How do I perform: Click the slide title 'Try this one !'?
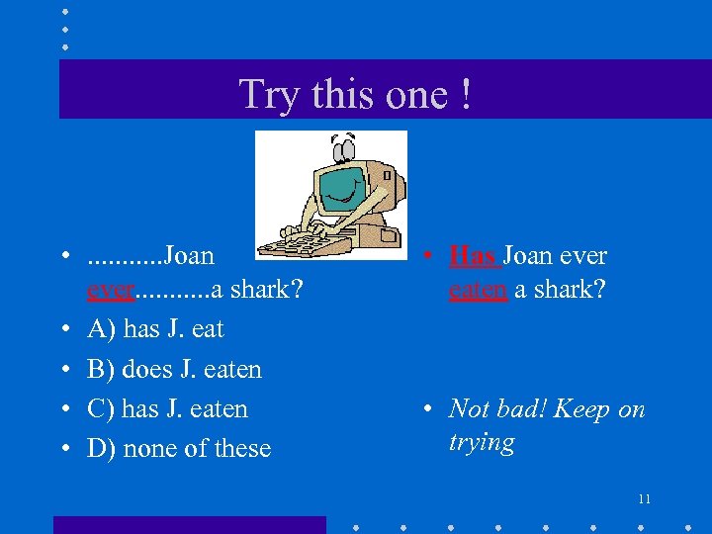coord(355,95)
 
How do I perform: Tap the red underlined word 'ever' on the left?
coord(110,291)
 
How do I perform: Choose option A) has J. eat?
coord(155,329)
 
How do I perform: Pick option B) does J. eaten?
coord(174,370)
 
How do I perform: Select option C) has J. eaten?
coord(167,409)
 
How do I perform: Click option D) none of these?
coord(179,449)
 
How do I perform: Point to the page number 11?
coord(644,498)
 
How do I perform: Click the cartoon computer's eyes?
coord(343,149)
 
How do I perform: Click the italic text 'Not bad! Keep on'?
coord(547,409)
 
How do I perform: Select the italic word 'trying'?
coord(482,443)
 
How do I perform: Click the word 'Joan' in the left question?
coord(189,256)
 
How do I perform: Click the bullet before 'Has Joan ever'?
coord(424,257)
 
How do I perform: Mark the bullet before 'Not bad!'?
coord(424,410)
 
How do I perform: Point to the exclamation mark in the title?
coord(464,95)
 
